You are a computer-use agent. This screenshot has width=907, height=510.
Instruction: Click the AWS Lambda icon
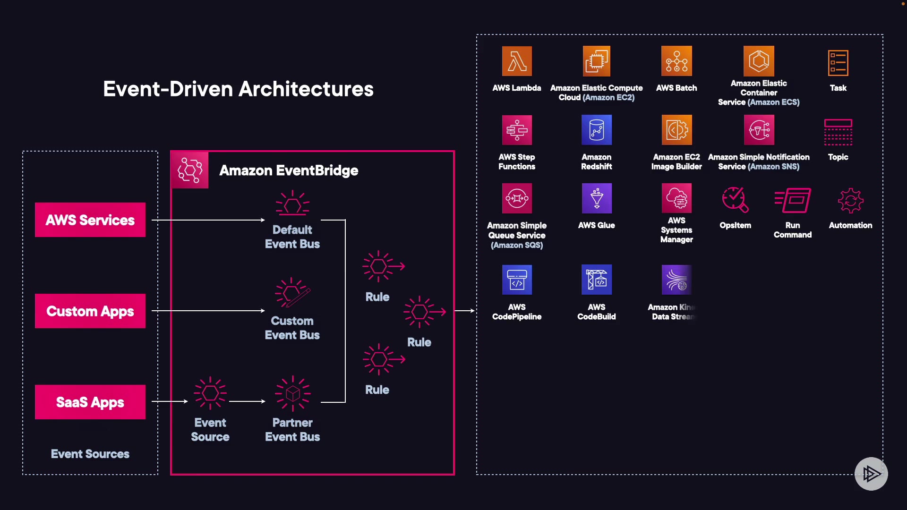[x=517, y=61]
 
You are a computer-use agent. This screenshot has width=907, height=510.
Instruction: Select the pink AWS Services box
[x=90, y=220]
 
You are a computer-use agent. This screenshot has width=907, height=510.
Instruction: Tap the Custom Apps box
[x=90, y=311]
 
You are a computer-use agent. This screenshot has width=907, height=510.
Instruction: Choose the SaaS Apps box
[x=90, y=402]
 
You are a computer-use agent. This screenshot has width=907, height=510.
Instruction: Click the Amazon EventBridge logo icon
[x=190, y=170]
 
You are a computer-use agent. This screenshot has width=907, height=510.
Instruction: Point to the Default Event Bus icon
[x=292, y=204]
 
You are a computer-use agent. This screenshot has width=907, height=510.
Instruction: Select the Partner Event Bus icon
[x=292, y=393]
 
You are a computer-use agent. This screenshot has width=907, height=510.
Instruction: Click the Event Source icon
[x=210, y=393]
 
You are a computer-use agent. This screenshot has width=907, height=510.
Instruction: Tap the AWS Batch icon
[x=676, y=61]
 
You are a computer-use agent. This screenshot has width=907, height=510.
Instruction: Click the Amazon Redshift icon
[x=597, y=130]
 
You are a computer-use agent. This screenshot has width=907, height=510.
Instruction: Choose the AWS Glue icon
[x=597, y=198]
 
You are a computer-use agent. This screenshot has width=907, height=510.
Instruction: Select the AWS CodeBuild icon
[x=597, y=280]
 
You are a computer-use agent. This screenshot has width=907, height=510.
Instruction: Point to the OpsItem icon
[x=735, y=200]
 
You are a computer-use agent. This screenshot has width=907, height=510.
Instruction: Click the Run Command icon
[x=793, y=200]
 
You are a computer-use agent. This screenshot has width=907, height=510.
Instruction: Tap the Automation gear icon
[x=850, y=201]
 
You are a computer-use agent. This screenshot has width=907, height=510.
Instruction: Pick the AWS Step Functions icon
[x=517, y=130]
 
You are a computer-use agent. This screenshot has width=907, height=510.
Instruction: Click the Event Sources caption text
[x=90, y=454]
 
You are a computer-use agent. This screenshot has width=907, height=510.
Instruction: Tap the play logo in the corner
[x=871, y=474]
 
